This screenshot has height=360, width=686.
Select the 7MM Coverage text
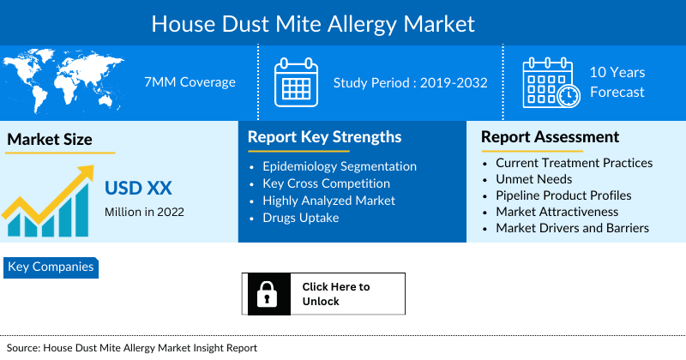pyautogui.click(x=190, y=82)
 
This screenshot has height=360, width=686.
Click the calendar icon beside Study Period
pyautogui.click(x=296, y=82)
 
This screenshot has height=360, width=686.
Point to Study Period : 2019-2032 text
pyautogui.click(x=410, y=83)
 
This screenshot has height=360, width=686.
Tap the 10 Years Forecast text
pyautogui.click(x=617, y=82)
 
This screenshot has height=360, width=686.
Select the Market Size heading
pyautogui.click(x=50, y=140)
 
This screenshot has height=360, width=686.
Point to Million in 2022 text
pyautogui.click(x=144, y=212)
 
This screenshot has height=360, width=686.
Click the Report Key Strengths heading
pyautogui.click(x=324, y=137)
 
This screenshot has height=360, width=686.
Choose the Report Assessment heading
pyautogui.click(x=550, y=137)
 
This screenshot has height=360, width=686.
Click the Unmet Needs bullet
pyautogui.click(x=533, y=179)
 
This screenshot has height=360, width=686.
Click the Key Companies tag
pyautogui.click(x=51, y=267)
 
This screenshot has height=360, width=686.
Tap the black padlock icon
pyautogui.click(x=265, y=294)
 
